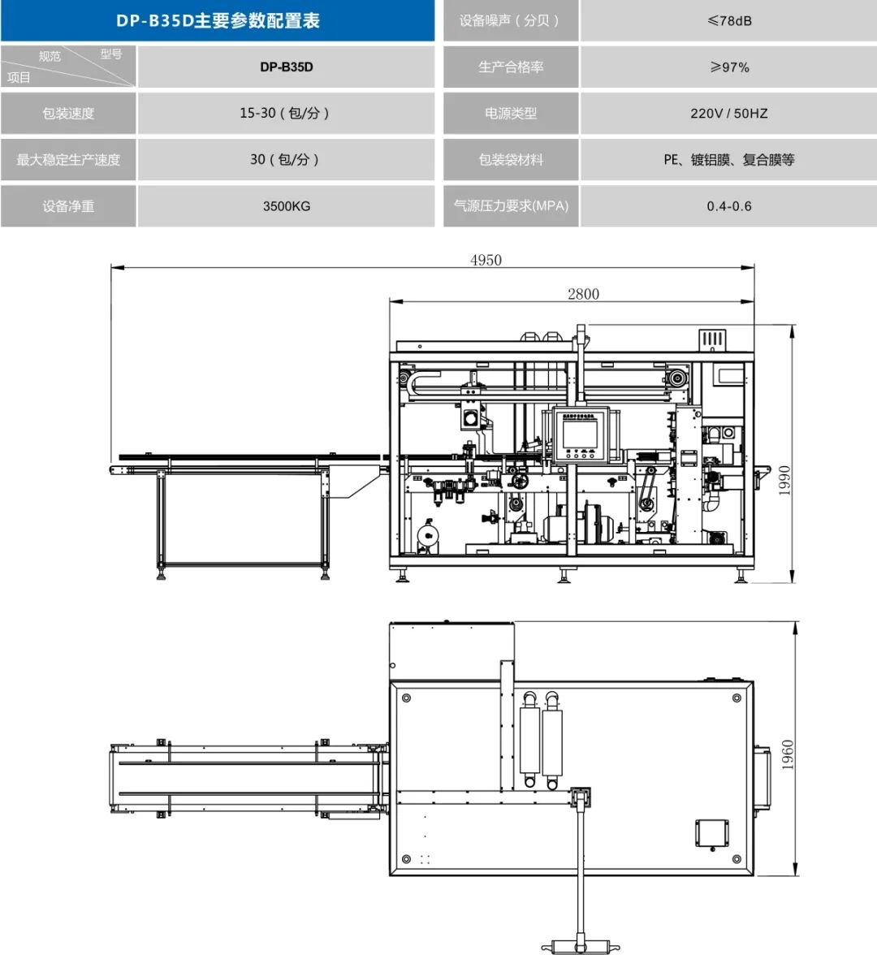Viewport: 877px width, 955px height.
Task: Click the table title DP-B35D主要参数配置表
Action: click(x=218, y=21)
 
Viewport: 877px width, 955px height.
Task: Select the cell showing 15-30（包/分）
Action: click(x=284, y=114)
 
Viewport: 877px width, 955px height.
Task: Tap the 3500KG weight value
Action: click(x=286, y=206)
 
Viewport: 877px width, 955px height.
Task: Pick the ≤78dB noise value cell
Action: click(x=729, y=21)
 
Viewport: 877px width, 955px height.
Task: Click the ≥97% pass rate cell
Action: click(x=729, y=67)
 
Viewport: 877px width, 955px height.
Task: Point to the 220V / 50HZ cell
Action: click(x=729, y=114)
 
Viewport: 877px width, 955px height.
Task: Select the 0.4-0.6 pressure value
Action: click(x=729, y=206)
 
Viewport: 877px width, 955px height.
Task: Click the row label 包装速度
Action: click(x=68, y=114)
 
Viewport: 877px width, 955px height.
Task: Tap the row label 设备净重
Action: click(x=68, y=206)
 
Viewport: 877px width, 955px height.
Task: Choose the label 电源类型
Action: click(x=511, y=114)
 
